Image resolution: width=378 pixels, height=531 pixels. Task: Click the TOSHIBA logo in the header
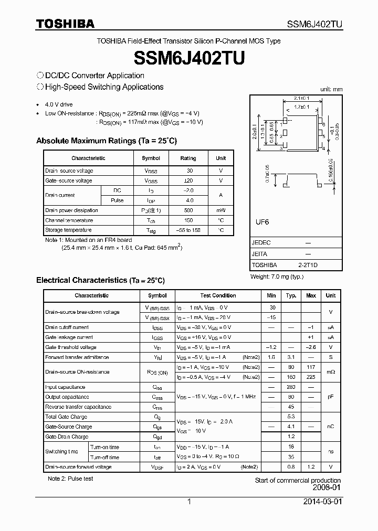click(x=65, y=24)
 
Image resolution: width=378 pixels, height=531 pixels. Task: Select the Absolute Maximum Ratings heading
click(x=107, y=141)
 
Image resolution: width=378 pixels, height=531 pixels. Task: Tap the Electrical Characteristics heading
click(x=100, y=280)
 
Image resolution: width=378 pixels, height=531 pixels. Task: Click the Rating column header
click(x=188, y=158)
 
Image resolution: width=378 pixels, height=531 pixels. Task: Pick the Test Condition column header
click(x=218, y=295)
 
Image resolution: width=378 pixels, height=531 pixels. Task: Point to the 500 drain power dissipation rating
click(x=189, y=210)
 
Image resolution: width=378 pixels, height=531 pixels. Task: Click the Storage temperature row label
click(x=68, y=230)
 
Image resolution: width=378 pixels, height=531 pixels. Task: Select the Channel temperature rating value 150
click(x=189, y=220)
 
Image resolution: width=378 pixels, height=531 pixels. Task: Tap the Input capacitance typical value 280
click(x=291, y=387)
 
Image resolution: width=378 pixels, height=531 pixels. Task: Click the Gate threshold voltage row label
click(x=71, y=347)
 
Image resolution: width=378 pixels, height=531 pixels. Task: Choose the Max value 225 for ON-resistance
click(x=311, y=377)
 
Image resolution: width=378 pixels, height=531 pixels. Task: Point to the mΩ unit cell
click(x=330, y=372)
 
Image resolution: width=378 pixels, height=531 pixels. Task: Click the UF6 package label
click(x=262, y=222)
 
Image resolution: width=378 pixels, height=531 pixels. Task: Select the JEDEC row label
click(x=261, y=243)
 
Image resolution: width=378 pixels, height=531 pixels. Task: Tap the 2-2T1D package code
click(x=308, y=265)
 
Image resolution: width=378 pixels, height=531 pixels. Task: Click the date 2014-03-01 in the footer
click(x=322, y=502)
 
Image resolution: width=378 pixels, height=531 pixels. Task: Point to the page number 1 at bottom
click(x=189, y=502)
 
